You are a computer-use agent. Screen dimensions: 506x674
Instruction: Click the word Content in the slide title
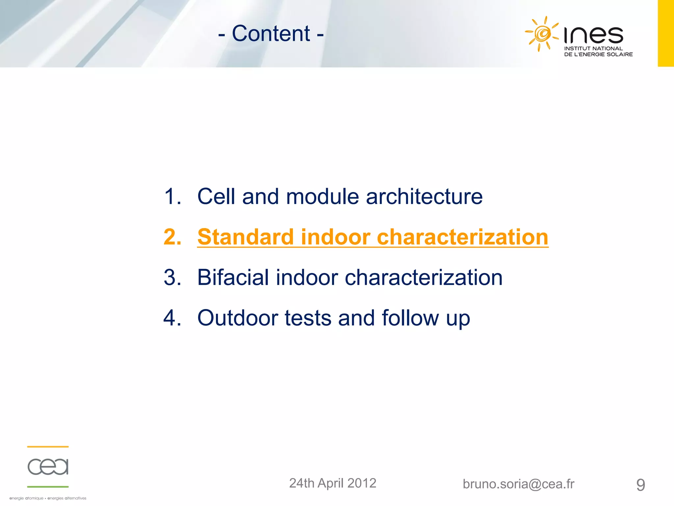[271, 34]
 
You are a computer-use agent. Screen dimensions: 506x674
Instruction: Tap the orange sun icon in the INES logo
[542, 34]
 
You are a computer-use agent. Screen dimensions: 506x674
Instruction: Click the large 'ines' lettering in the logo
[593, 35]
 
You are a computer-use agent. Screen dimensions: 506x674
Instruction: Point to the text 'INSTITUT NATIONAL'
[593, 48]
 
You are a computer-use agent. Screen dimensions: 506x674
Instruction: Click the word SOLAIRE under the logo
[619, 54]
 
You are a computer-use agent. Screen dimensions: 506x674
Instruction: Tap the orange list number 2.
[172, 237]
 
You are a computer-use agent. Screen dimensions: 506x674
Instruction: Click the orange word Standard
[245, 237]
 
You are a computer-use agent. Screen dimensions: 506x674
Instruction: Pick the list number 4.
[172, 318]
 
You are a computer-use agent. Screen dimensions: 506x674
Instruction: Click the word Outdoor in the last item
[237, 318]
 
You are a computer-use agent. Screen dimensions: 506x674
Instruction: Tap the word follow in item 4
[410, 318]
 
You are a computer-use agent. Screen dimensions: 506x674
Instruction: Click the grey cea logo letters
[48, 466]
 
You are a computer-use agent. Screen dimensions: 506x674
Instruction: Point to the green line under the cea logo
[48, 487]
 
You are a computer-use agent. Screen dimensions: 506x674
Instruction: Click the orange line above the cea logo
[48, 447]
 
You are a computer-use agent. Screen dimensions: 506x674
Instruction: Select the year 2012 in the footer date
[361, 483]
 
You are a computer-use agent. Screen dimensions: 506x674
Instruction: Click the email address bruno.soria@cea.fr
[518, 484]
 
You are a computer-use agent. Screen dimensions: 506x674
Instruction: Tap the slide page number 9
[640, 485]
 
